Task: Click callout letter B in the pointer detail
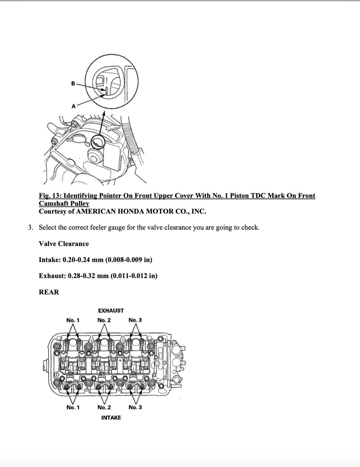tap(73, 83)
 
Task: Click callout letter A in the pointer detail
tap(74, 106)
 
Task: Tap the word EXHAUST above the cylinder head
tap(111, 311)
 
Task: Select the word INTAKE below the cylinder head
tap(111, 418)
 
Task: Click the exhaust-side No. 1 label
tap(73, 320)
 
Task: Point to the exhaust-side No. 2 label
tap(104, 320)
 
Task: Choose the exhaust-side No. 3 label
tap(135, 320)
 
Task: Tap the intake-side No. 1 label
tap(73, 407)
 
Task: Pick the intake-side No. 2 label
tap(104, 407)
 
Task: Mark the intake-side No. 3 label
tap(135, 407)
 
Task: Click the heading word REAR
tap(49, 292)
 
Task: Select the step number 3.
tap(30, 227)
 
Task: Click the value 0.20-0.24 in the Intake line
tap(76, 260)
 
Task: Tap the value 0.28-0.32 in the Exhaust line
tap(81, 276)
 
